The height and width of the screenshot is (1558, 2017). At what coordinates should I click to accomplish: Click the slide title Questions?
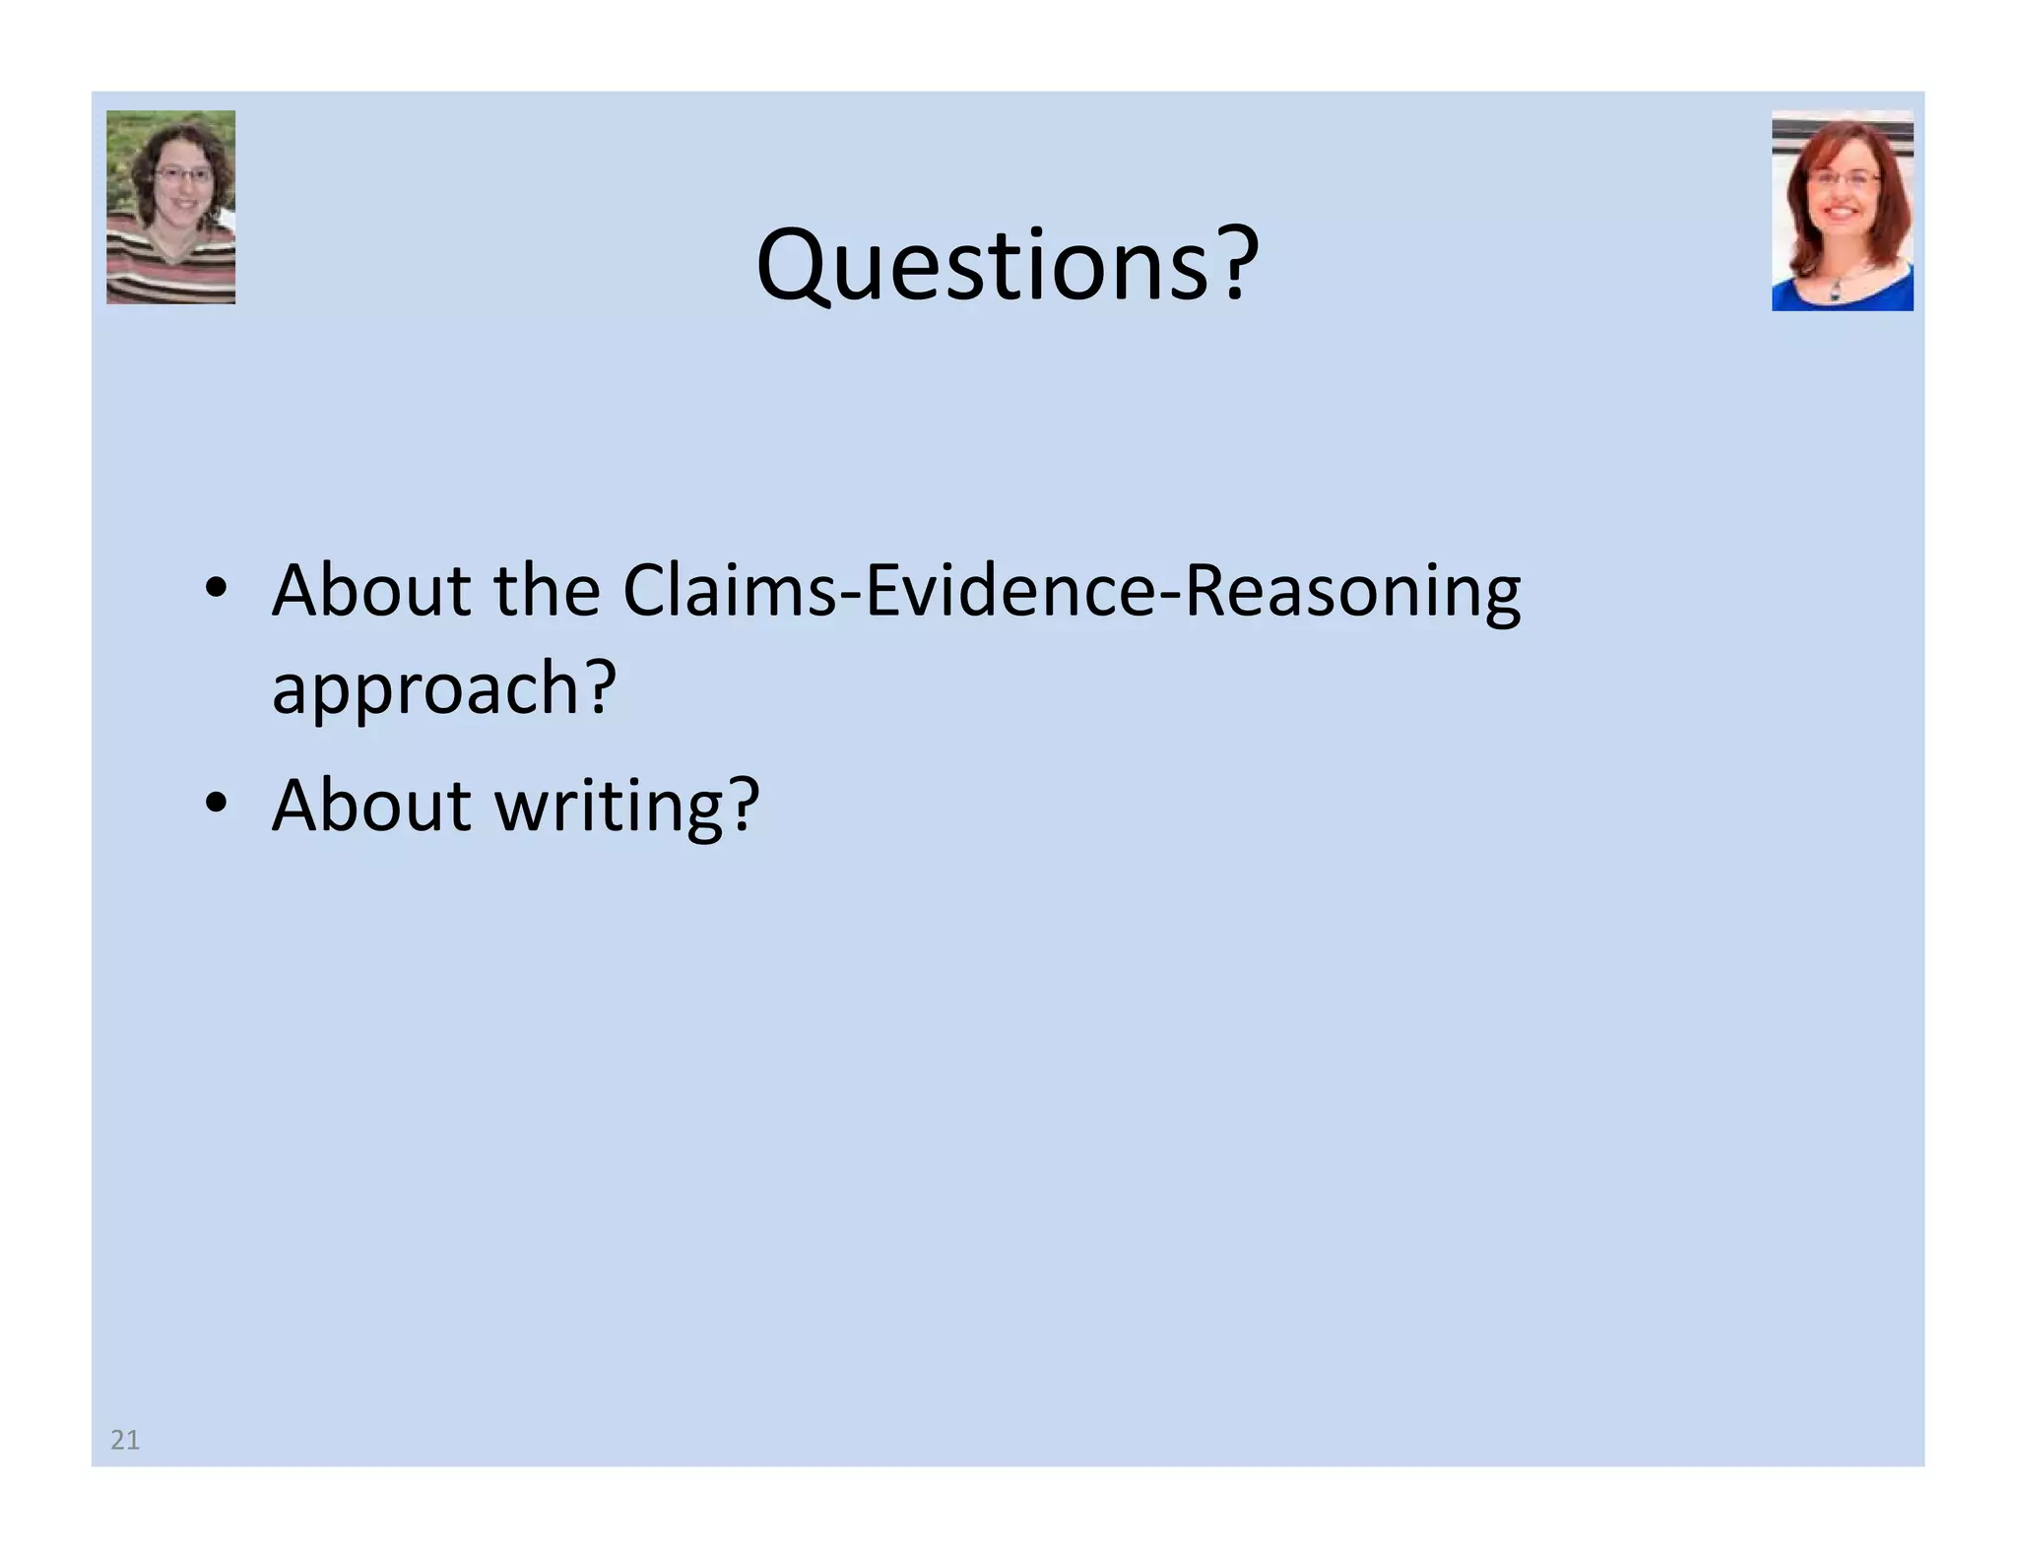1007,264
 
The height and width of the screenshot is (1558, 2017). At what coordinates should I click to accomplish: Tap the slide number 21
125,1440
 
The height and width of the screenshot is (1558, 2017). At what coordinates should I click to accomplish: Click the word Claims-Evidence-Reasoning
1072,591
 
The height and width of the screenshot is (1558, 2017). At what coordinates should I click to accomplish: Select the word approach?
444,687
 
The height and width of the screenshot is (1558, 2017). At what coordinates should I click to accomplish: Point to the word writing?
626,806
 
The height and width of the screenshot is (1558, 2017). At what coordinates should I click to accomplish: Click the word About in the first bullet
371,591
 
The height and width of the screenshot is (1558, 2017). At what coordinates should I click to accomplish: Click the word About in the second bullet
371,806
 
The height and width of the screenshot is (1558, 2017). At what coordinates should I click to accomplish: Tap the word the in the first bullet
547,591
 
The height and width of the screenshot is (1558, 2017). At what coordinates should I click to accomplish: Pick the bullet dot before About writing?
217,803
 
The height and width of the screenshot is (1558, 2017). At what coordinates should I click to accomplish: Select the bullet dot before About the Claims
217,588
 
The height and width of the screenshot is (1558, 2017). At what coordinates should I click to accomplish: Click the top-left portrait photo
170,207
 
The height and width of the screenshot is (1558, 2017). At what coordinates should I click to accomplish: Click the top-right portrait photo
1842,211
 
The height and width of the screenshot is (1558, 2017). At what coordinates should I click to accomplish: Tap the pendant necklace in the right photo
1835,291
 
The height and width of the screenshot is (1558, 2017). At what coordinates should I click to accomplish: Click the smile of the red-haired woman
1842,211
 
